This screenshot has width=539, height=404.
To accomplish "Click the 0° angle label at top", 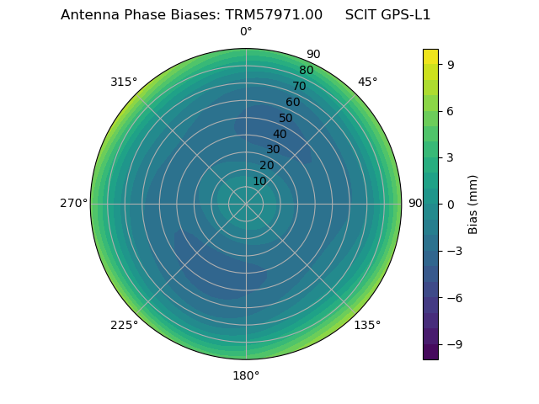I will [246, 32].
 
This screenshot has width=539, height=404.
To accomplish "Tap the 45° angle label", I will [367, 82].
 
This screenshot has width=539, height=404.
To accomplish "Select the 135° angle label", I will [367, 325].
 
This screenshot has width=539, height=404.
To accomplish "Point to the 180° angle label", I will [246, 375].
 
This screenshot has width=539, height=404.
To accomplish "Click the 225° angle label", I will [124, 325].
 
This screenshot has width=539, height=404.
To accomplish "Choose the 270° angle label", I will [73, 204].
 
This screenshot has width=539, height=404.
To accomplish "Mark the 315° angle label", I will [124, 82].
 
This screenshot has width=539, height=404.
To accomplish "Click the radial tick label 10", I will [259, 181].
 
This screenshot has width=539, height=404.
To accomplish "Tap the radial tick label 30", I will [273, 150].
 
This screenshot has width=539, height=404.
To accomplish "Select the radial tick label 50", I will [286, 119].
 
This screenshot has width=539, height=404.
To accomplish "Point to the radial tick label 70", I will [299, 87].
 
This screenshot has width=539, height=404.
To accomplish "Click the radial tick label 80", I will [306, 71].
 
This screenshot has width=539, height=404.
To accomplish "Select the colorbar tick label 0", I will [451, 204].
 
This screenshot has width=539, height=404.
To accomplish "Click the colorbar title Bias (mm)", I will [473, 204].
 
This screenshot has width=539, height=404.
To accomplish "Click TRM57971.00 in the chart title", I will [274, 15].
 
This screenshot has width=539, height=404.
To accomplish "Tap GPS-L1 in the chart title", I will [406, 15].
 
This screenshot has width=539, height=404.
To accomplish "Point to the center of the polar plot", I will [246, 204].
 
